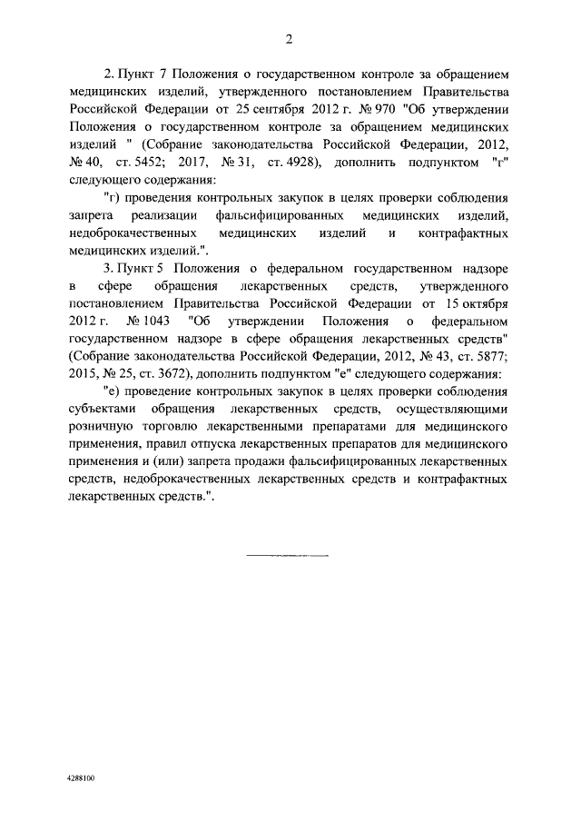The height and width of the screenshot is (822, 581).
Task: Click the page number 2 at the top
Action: pos(290,39)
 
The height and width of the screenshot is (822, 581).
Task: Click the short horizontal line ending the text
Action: pos(288,552)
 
